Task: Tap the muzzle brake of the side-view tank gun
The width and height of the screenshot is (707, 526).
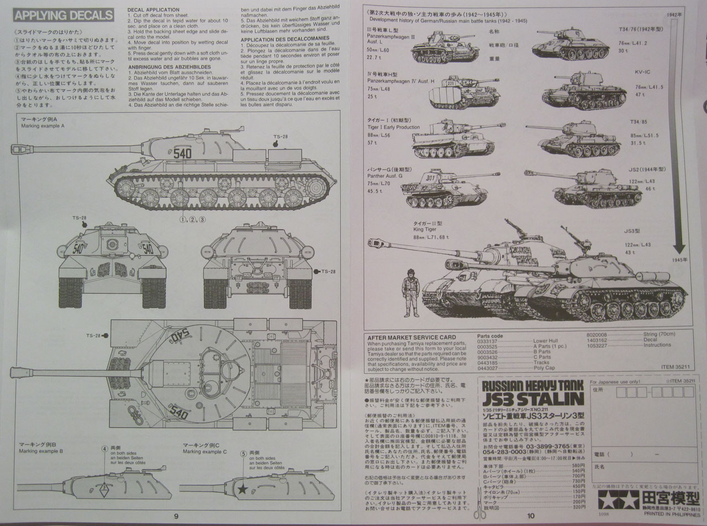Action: [19, 148]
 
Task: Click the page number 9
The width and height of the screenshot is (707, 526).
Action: [176, 517]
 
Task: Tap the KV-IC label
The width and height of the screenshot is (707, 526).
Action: [643, 72]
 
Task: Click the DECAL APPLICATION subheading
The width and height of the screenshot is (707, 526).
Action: [153, 10]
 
